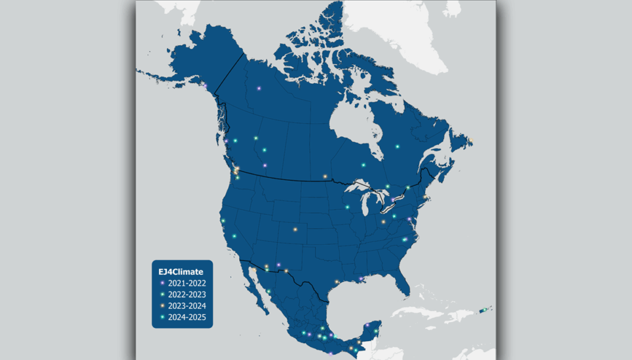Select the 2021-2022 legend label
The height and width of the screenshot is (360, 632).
pos(187,283)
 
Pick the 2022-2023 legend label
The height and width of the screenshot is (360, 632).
pos(187,295)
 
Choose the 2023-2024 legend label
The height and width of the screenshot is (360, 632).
pos(187,306)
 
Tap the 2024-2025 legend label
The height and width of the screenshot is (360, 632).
pos(187,317)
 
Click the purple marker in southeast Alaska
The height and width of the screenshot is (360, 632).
pos(205,86)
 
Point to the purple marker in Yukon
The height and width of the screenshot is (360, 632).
pos(259,88)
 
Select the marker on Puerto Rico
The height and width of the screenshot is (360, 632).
pos(483,310)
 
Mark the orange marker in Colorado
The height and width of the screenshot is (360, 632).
pos(295,229)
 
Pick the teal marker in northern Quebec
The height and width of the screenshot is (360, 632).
pos(397,146)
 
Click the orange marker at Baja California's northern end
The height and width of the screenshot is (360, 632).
pos(251,268)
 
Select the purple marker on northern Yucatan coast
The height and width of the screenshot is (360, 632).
pos(368,325)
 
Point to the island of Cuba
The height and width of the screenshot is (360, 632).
pos(419,313)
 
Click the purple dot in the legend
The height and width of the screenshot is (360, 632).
pos(162,283)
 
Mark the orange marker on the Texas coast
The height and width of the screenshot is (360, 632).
pos(337,282)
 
